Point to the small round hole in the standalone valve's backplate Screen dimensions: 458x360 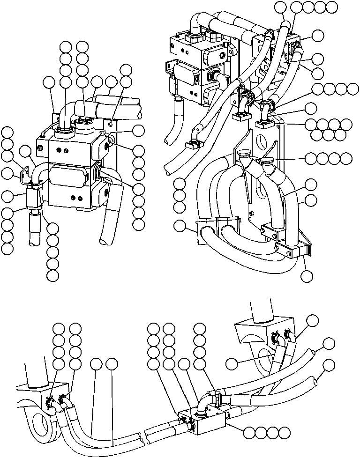point(110,124)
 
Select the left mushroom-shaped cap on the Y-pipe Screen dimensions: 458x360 point(245,155)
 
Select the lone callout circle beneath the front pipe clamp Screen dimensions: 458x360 point(307,276)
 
